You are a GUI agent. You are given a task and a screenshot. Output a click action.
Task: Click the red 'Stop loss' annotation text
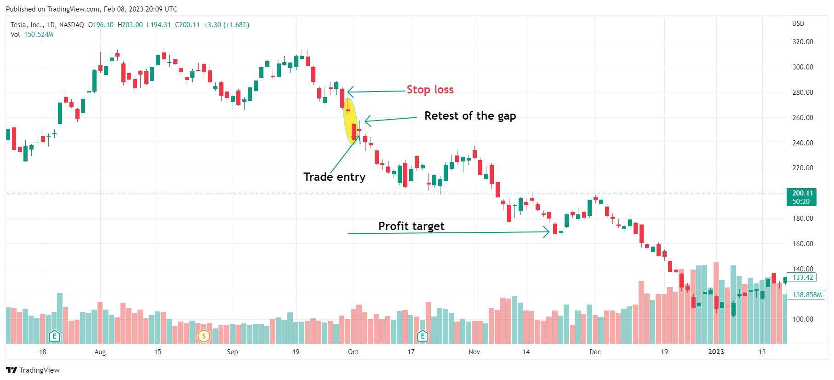[430, 90]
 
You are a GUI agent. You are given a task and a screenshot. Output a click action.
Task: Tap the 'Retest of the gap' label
[470, 116]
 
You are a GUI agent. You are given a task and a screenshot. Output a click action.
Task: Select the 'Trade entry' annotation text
[334, 177]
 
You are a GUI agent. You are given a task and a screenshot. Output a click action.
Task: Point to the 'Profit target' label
[411, 226]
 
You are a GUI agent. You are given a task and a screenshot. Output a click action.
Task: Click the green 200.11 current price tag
[802, 197]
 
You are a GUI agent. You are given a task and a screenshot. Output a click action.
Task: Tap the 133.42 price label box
[803, 277]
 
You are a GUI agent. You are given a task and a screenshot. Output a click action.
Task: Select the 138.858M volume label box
[807, 295]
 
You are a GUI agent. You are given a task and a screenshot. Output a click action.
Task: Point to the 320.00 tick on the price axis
[803, 42]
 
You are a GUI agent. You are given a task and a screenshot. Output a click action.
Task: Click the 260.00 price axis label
[803, 118]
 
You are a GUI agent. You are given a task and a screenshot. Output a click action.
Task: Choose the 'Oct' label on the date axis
[353, 352]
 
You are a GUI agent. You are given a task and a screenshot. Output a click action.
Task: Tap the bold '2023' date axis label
[716, 352]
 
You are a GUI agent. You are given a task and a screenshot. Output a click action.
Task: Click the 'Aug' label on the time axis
[100, 352]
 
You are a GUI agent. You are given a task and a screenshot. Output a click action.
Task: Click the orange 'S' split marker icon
[204, 336]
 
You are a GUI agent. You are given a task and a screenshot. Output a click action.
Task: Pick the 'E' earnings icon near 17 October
[423, 336]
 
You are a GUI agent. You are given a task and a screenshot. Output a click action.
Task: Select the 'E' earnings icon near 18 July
[54, 336]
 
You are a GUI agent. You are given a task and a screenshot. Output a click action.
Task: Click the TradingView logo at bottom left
[33, 370]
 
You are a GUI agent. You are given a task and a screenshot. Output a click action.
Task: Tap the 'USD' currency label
[798, 23]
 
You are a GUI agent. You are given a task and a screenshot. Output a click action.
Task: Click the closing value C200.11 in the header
[187, 25]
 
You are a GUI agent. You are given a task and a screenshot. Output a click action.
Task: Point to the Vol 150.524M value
[39, 35]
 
